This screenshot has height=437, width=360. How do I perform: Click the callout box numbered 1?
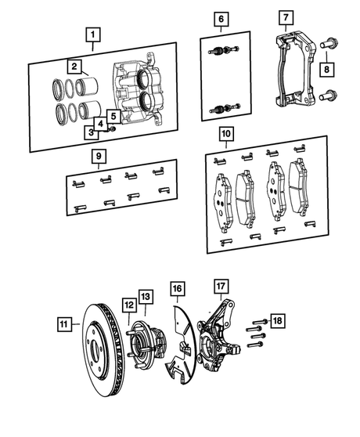[x=92, y=34]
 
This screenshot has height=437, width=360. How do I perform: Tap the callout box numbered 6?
[x=221, y=19]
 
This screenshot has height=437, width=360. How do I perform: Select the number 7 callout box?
[x=286, y=17]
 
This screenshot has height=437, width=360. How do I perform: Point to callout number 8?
[x=326, y=69]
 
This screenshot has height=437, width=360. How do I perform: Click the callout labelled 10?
[x=226, y=134]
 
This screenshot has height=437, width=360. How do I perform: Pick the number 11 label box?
[x=64, y=324]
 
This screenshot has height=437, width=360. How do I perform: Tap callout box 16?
[x=178, y=288]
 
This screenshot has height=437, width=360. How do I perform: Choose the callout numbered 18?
[x=277, y=321]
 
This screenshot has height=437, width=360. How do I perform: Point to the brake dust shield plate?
[x=181, y=345]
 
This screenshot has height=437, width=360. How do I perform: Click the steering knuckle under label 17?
[x=218, y=334]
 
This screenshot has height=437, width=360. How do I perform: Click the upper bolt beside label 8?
[x=329, y=43]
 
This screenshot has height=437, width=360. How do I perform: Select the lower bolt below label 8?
[x=328, y=96]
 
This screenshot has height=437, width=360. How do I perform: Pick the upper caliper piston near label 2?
[x=86, y=85]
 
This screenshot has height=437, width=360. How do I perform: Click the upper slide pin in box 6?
[x=224, y=50]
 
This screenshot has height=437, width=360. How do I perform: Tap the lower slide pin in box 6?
[x=225, y=108]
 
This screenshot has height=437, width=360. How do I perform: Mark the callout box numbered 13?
[x=146, y=297]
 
